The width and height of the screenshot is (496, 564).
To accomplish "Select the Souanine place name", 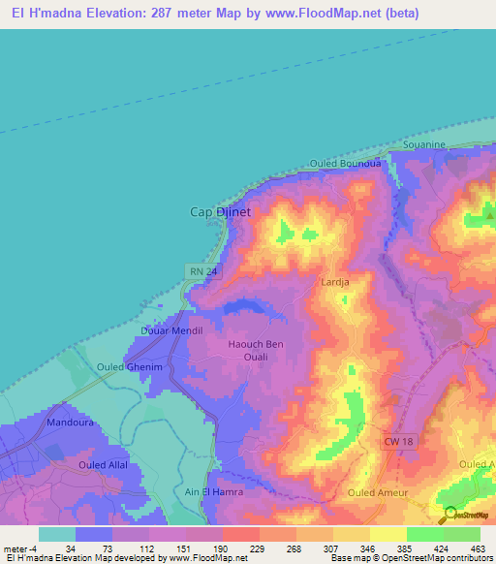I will pyautogui.click(x=423, y=144).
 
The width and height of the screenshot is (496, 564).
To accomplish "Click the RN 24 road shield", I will pyautogui.click(x=199, y=272).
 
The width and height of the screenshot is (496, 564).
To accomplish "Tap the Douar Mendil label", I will pyautogui.click(x=171, y=330).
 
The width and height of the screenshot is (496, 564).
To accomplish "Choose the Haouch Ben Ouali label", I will pyautogui.click(x=255, y=350).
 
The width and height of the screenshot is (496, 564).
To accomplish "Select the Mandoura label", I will pyautogui.click(x=69, y=423).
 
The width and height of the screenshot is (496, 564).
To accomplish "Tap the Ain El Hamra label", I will pyautogui.click(x=213, y=492).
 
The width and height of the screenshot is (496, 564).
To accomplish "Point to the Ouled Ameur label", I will pyautogui.click(x=378, y=492).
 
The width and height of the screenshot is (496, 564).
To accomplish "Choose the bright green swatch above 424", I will pyautogui.click(x=425, y=534).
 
